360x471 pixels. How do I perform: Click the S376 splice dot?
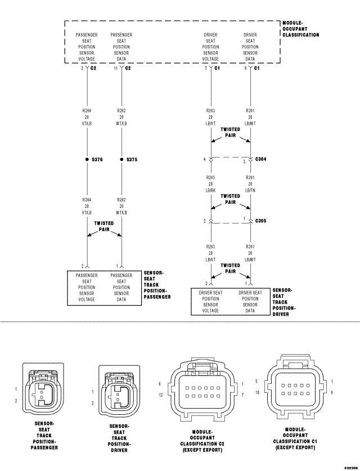pos(87,160)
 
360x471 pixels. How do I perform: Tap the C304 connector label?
pos(261,160)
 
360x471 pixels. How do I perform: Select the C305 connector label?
pos(261,221)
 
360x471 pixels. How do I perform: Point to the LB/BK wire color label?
pos(211,190)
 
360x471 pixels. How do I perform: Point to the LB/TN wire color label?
pos(250,190)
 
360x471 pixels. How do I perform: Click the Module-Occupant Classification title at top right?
pos(301,29)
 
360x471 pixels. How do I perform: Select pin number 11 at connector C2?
pos(115,68)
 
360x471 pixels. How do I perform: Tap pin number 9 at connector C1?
pos(245,68)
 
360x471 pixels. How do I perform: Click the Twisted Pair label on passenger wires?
pos(104,226)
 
